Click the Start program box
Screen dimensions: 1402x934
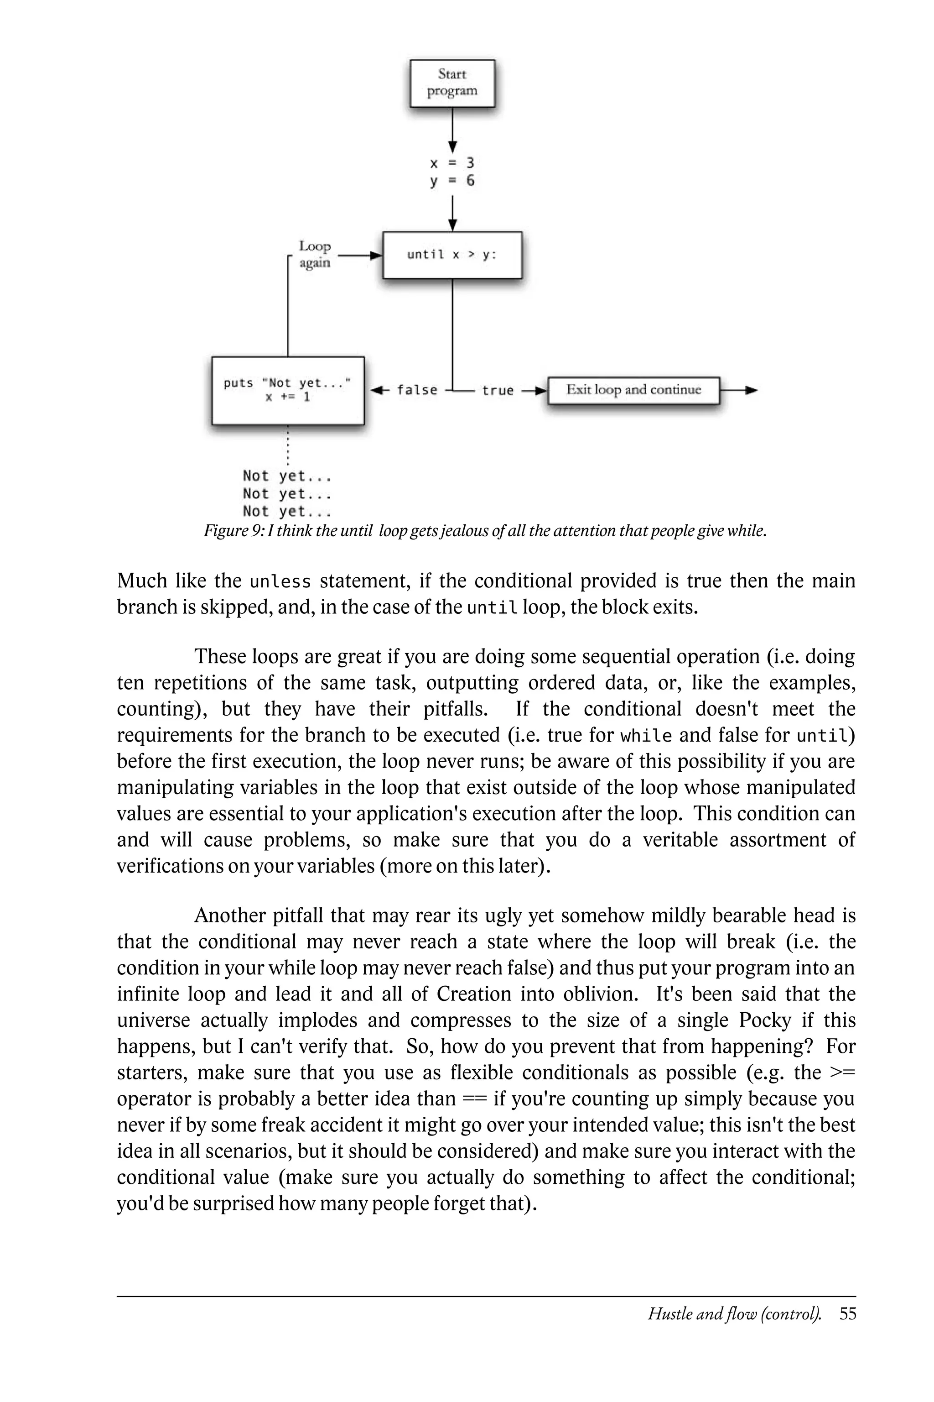[452, 83]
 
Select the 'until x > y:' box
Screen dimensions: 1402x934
[452, 255]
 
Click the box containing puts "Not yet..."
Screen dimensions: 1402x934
[288, 391]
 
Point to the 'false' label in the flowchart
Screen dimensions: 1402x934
[417, 391]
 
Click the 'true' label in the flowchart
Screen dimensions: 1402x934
[498, 391]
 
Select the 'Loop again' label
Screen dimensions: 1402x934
[315, 255]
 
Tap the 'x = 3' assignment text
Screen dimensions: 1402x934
[452, 163]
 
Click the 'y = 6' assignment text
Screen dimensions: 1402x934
[452, 181]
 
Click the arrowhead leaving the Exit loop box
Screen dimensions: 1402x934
[752, 391]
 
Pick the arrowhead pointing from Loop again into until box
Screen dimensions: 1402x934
[376, 256]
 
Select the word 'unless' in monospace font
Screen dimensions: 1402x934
[280, 581]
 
